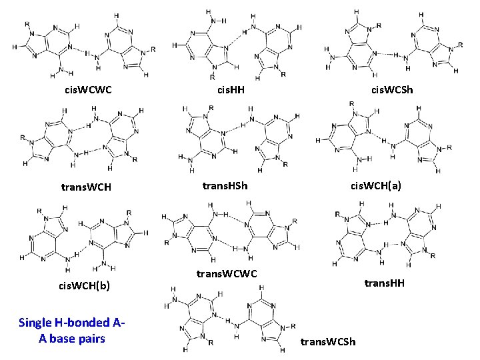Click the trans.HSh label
225,186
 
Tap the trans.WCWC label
226,273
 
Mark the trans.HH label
384,284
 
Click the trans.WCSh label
328,342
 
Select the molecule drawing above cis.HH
233,43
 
